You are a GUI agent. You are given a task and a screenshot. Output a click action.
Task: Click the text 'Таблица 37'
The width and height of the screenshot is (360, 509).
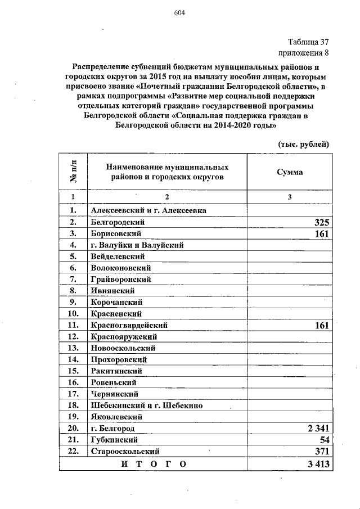308,42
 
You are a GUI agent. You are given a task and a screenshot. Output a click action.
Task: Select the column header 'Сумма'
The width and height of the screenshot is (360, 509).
290,172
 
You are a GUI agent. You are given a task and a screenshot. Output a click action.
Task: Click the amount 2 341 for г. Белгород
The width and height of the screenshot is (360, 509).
318,429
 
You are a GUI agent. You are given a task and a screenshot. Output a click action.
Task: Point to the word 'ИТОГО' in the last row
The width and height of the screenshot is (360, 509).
151,464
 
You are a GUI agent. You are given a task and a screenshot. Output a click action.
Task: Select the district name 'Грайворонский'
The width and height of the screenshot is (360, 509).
120,279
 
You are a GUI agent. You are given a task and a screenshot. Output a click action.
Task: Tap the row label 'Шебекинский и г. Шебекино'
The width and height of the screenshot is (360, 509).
143,406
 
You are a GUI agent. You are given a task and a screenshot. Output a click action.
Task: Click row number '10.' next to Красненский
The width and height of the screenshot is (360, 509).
72,314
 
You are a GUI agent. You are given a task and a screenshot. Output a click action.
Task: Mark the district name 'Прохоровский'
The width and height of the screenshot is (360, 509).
119,359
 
